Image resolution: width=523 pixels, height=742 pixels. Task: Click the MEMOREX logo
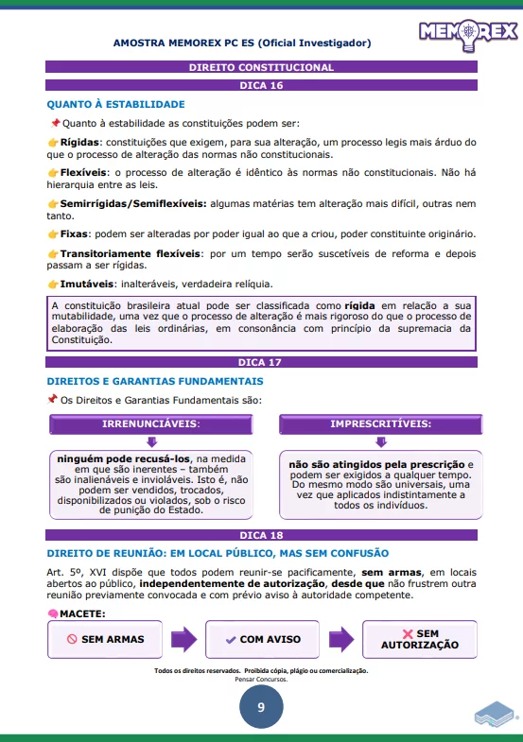pyautogui.click(x=468, y=33)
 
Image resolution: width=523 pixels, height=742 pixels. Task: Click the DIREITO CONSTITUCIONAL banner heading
pyautogui.click(x=261, y=68)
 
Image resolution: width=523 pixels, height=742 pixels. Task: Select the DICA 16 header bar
pyautogui.click(x=261, y=85)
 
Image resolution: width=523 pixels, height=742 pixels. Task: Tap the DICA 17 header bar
pyautogui.click(x=261, y=362)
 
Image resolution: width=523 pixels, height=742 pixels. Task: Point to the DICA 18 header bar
pyautogui.click(x=261, y=535)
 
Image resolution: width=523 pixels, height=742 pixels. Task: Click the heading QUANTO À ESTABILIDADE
pyautogui.click(x=115, y=104)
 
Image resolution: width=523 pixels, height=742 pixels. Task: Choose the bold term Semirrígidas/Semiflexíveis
pyautogui.click(x=132, y=203)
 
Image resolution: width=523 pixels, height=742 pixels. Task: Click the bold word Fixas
pyautogui.click(x=76, y=233)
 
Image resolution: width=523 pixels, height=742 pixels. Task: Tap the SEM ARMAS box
pyautogui.click(x=106, y=639)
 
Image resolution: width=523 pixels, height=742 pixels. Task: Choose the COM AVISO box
pyautogui.click(x=262, y=639)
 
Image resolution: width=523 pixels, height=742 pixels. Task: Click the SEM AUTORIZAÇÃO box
pyautogui.click(x=419, y=639)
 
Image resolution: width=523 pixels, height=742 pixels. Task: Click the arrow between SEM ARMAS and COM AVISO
pyautogui.click(x=185, y=639)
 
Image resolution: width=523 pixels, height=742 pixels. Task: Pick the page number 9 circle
pyautogui.click(x=260, y=708)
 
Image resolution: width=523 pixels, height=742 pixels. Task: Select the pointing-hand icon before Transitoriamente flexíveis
pyautogui.click(x=53, y=254)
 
